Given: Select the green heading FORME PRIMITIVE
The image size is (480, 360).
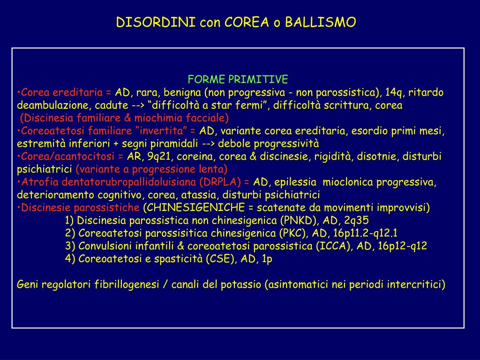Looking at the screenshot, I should point(238,79).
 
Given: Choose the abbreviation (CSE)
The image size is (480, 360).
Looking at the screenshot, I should point(220,259).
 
